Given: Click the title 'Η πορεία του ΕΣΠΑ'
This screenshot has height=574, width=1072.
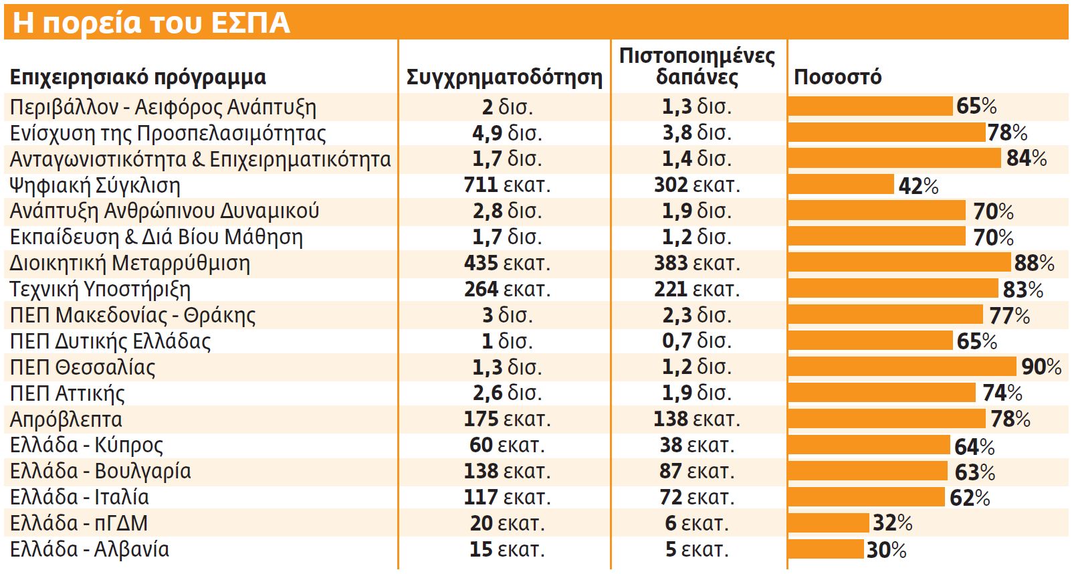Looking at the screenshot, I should tap(151, 23).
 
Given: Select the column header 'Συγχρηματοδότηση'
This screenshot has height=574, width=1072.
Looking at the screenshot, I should tap(504, 78).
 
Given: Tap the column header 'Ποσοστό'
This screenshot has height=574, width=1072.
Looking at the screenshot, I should tap(837, 78).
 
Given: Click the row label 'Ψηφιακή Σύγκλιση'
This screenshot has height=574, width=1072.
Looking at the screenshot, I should tap(95, 185).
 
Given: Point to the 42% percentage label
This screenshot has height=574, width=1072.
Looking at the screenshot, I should tap(918, 186).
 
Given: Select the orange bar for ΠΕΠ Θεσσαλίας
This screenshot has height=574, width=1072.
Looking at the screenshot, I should tap(902, 367).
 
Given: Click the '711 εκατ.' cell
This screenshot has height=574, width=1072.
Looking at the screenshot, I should tap(507, 185).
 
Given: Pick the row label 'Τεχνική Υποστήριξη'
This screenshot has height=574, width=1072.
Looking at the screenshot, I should tap(100, 290).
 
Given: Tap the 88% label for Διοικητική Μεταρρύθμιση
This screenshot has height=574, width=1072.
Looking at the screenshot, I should tap(1034, 263).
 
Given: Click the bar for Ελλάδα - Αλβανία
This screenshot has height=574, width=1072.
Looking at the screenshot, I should tap(826, 549).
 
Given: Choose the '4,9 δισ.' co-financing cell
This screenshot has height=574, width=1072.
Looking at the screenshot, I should tap(507, 132).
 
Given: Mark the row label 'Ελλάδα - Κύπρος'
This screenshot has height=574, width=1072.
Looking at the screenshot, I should tap(86, 446).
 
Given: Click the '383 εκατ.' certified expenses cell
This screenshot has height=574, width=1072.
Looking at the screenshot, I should tap(697, 263).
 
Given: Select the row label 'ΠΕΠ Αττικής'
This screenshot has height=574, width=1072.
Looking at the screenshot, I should tap(67, 393).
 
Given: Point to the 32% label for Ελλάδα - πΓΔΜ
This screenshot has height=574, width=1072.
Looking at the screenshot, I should tap(892, 522).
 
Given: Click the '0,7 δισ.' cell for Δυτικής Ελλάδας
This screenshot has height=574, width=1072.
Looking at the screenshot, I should tap(697, 341).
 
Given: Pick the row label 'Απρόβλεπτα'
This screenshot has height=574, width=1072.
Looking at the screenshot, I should tap(66, 419).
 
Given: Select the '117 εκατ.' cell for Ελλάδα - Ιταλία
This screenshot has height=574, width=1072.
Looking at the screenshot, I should tap(507, 497).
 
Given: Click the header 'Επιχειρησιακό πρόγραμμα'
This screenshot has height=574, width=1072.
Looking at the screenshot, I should tap(138, 78).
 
